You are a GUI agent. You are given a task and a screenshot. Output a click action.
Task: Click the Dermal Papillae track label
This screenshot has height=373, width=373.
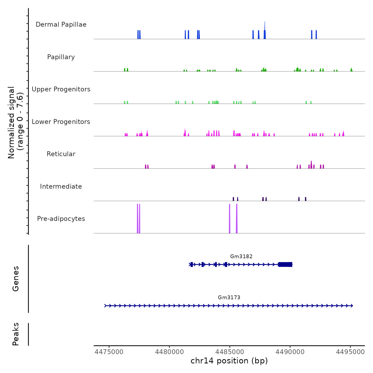[x=61, y=25]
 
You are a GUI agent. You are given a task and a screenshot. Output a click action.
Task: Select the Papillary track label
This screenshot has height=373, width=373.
[x=61, y=57]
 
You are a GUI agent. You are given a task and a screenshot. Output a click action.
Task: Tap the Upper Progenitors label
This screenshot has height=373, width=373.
[x=61, y=89]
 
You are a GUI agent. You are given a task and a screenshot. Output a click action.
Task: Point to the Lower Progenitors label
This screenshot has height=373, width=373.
[x=61, y=122]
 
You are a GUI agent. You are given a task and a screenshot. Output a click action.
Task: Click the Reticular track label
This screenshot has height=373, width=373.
[x=61, y=154]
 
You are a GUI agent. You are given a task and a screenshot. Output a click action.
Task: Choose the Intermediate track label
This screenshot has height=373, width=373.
[x=61, y=186]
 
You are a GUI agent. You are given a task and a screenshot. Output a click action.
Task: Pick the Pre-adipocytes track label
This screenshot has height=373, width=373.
[x=61, y=219]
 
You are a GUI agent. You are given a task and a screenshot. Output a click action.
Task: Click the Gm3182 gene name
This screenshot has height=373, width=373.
[x=241, y=257]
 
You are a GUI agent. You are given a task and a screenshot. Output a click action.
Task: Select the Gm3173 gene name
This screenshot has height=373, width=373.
[x=229, y=298]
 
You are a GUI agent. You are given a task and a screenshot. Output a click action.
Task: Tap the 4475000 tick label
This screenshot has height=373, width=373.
[x=109, y=352]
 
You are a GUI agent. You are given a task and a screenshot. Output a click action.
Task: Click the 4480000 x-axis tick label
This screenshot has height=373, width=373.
[x=169, y=352]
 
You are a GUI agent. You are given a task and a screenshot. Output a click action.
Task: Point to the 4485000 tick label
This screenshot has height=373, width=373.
[x=230, y=352]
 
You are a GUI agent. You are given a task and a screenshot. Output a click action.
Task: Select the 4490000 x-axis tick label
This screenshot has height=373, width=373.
[x=290, y=352]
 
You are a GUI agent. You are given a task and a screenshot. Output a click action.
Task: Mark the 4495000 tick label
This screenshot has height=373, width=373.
[x=350, y=352]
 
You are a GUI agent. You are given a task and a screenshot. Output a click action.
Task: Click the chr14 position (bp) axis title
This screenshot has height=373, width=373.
[x=229, y=361]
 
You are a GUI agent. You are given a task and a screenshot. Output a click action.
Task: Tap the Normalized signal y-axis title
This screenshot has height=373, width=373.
[x=15, y=123]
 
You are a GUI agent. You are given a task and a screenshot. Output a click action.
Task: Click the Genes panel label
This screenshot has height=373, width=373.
[x=16, y=279]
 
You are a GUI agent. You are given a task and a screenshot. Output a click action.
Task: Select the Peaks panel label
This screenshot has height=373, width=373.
[x=16, y=334]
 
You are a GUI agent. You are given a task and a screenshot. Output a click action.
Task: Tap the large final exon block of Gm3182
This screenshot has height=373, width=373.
[x=285, y=265]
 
